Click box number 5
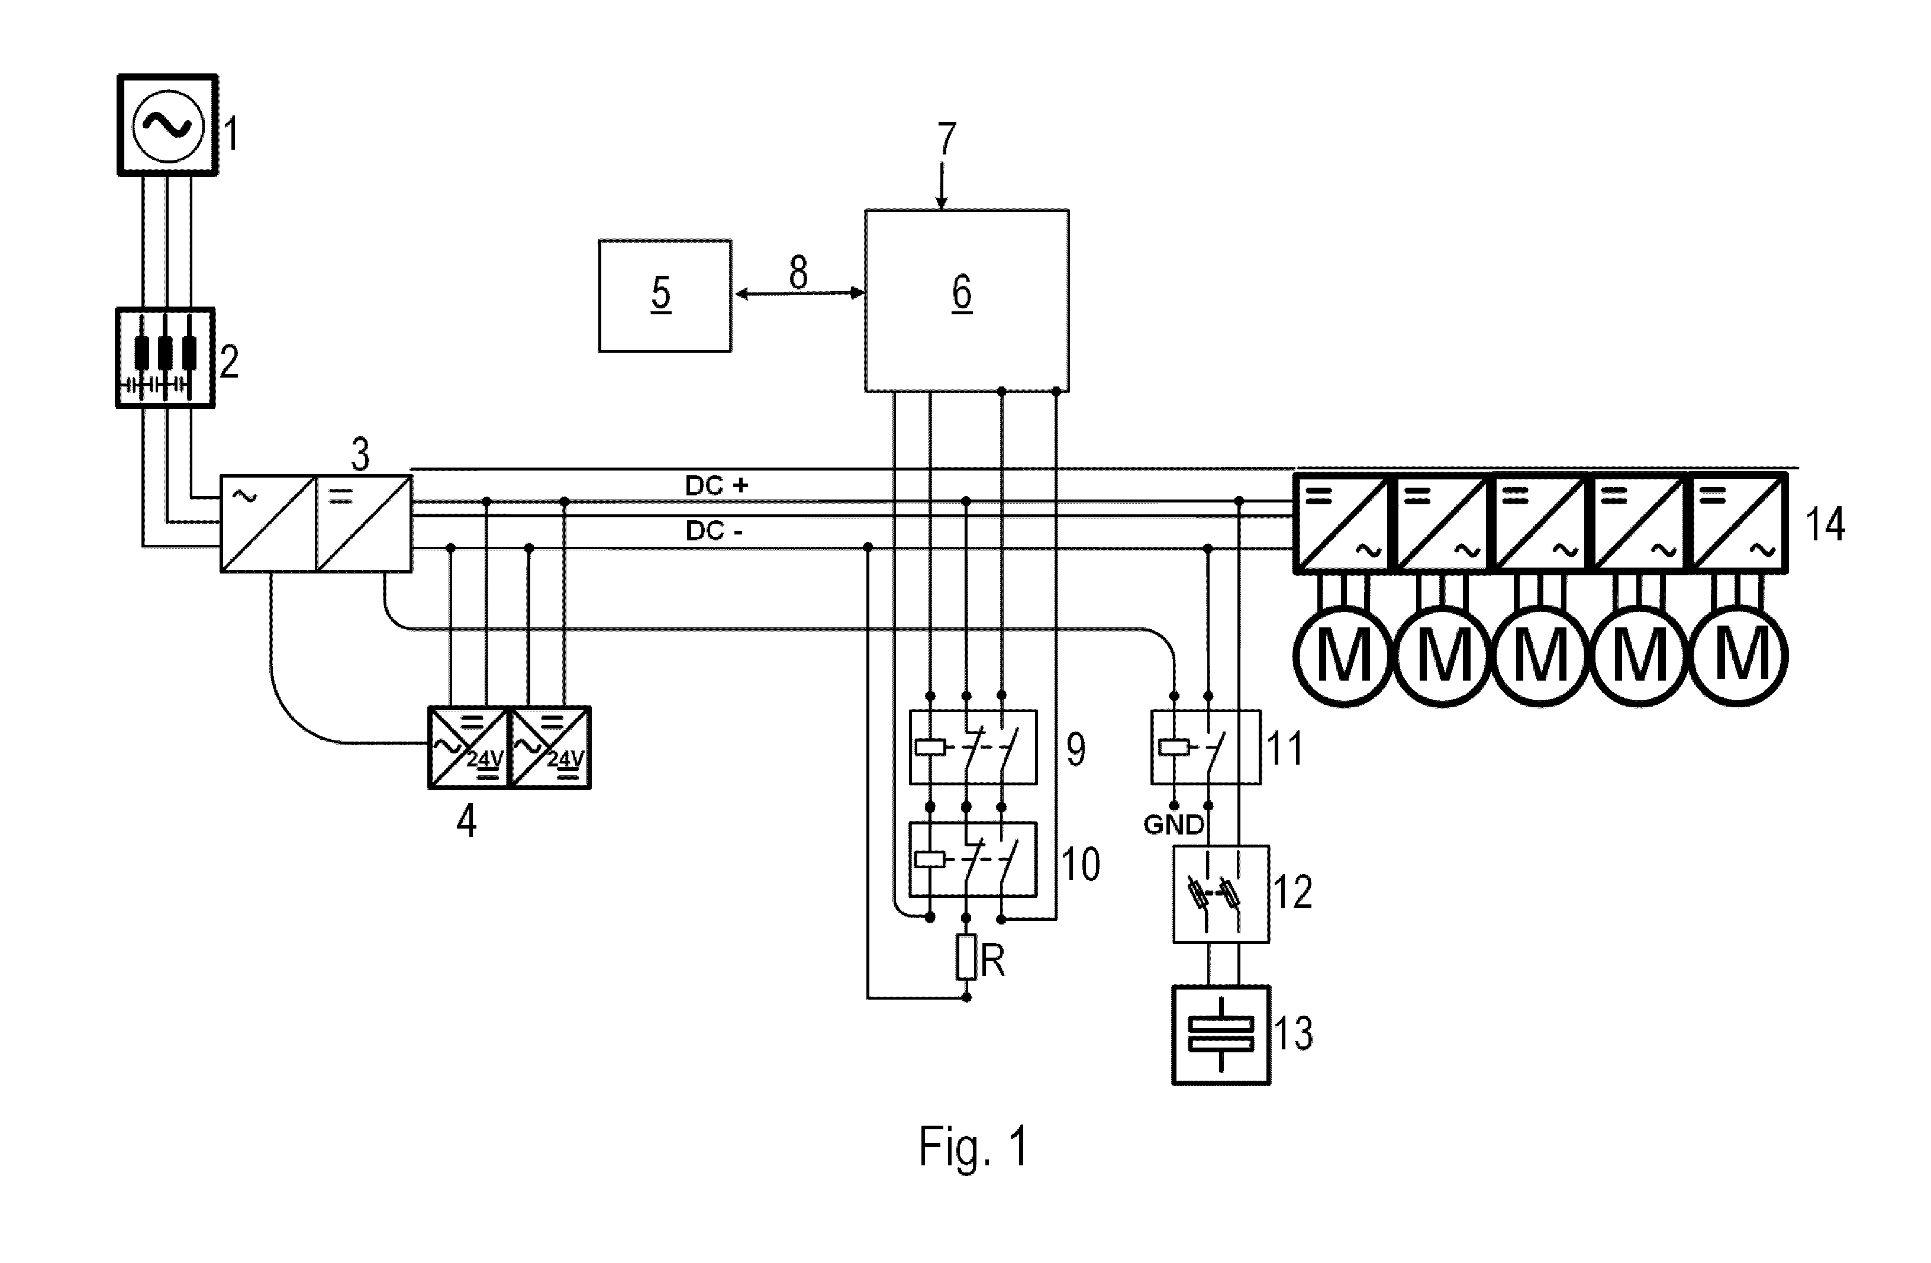point(665,295)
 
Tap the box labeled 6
point(966,300)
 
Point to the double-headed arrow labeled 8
point(798,293)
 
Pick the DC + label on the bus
point(717,485)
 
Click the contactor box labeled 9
point(973,747)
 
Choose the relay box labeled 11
point(1205,747)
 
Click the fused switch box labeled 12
point(1221,894)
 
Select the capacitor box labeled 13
point(1221,1035)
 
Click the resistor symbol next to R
point(966,956)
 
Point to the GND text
point(1173,826)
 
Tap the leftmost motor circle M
point(1343,655)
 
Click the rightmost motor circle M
point(1738,655)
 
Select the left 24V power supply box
point(468,747)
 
